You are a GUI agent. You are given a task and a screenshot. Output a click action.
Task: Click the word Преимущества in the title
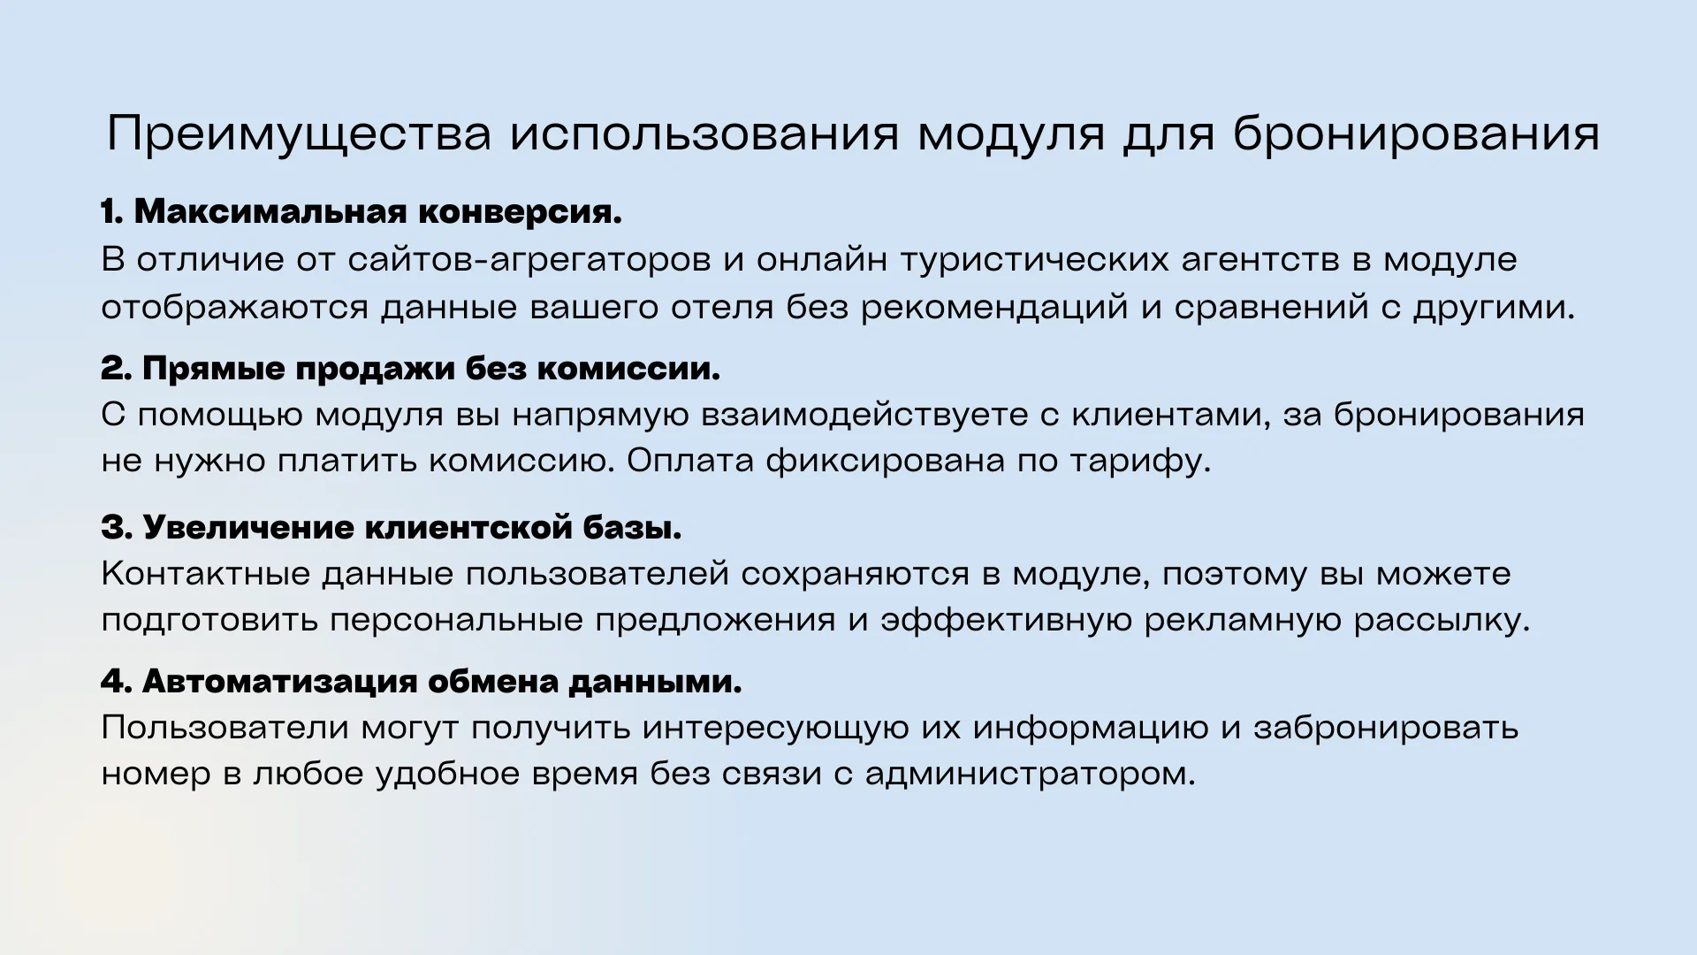[299, 135]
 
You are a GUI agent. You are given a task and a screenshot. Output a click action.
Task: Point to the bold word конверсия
[520, 212]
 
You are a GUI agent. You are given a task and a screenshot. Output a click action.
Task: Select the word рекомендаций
[994, 307]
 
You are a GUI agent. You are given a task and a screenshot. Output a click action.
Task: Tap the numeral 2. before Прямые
[117, 369]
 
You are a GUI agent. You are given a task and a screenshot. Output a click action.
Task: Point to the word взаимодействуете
[864, 415]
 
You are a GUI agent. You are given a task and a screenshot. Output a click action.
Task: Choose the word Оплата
[689, 461]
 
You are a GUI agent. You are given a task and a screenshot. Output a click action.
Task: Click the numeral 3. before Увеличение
[117, 528]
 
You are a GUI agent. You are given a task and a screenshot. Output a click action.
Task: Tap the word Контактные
[205, 574]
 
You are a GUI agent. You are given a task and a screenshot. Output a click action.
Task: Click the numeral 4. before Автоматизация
[117, 682]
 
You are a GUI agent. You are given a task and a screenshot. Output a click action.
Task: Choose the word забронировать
[1386, 728]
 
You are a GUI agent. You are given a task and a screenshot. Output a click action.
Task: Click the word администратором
[1030, 775]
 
